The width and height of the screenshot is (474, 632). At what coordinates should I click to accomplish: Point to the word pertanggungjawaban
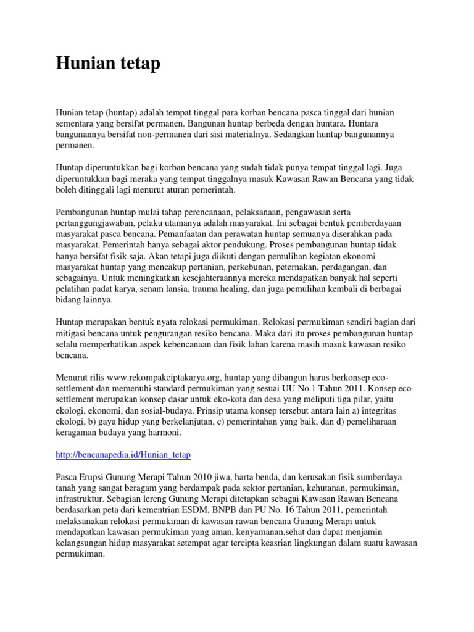click(95, 223)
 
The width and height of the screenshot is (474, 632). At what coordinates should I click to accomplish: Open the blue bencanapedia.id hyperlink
click(123, 455)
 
